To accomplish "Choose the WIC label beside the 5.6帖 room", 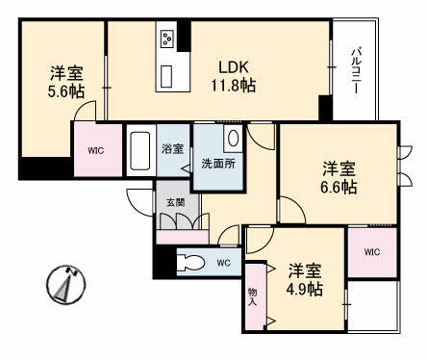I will (96, 150).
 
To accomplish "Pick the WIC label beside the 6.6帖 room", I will (373, 252).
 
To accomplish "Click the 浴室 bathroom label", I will (173, 150).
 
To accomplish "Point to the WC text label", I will (223, 262).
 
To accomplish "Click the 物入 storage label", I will (253, 297).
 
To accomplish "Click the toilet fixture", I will (190, 262).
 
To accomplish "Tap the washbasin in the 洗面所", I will (233, 139).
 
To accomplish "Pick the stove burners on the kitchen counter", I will (167, 39).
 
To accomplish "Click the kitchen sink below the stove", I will (167, 74).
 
